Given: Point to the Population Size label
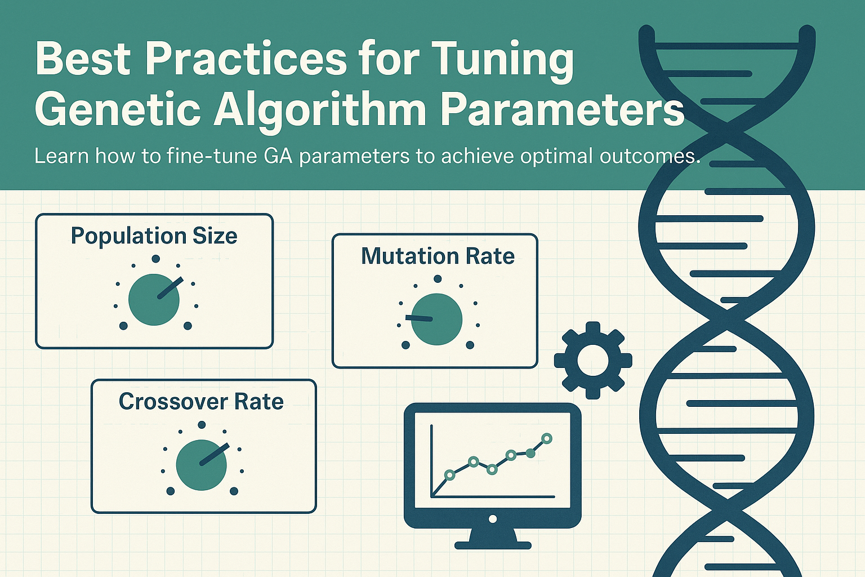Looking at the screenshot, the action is click(x=154, y=236).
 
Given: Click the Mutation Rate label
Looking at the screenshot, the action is click(x=438, y=255).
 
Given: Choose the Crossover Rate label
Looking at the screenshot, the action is click(x=201, y=401).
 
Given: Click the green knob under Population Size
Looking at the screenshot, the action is click(x=154, y=300).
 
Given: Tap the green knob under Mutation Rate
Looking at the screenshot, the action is click(x=437, y=319).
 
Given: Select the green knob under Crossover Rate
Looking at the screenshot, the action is click(x=201, y=465).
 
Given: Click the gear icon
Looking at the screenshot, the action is click(x=593, y=360).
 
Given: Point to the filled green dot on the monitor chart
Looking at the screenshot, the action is click(x=530, y=454).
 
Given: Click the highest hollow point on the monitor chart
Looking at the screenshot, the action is click(x=547, y=438).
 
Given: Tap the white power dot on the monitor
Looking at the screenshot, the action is click(x=492, y=518).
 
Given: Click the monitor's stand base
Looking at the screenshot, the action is click(x=493, y=545).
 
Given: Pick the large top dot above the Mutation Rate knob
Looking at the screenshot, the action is click(x=438, y=279).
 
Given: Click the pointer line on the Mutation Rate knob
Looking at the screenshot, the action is click(x=418, y=318).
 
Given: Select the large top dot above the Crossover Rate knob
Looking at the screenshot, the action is click(x=202, y=425).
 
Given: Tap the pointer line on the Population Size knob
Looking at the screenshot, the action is click(x=170, y=287).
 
